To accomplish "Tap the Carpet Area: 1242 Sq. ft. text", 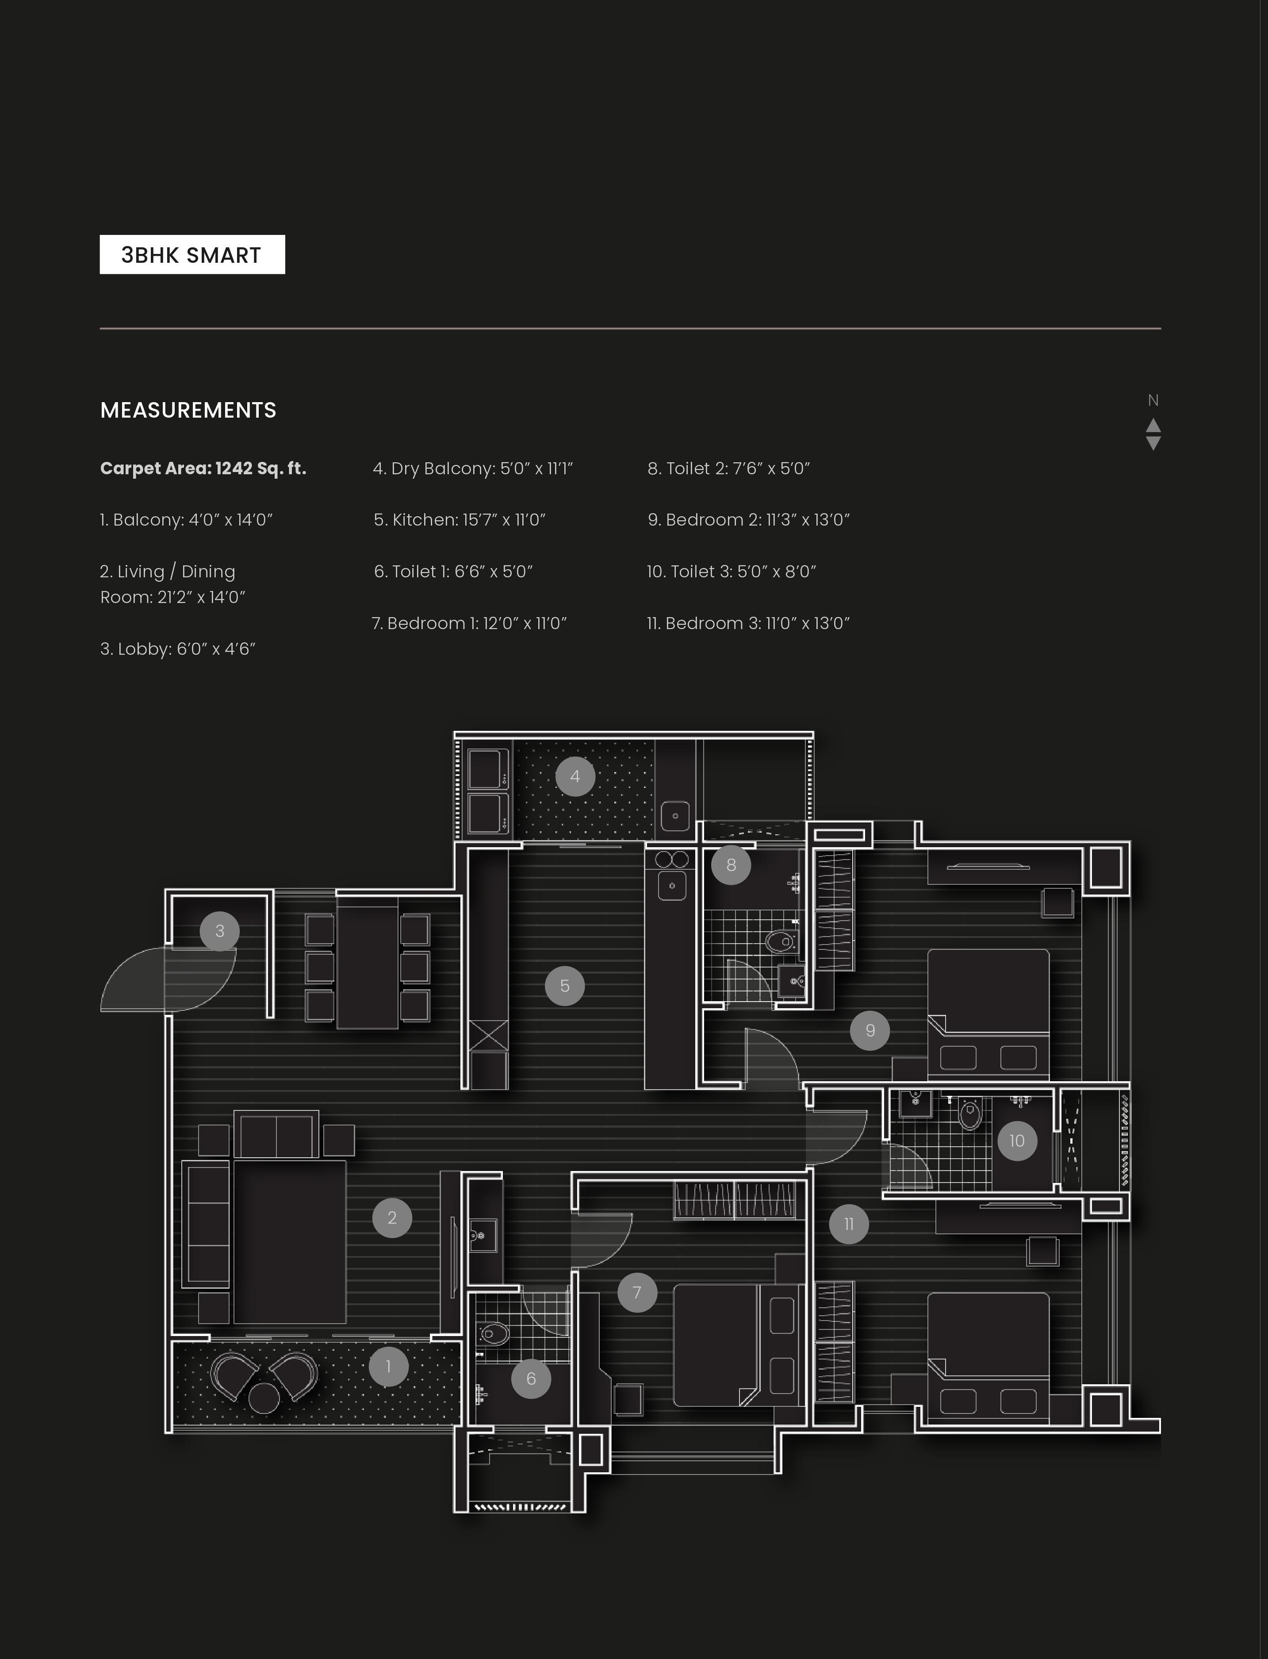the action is (203, 468).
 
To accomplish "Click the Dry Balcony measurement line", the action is (472, 468).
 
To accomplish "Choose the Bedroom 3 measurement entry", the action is (748, 623).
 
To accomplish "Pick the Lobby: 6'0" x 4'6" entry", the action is (178, 649).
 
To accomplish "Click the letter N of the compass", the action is (1153, 400).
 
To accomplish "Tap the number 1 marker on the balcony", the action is (389, 1366).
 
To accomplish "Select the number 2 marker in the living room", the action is (392, 1217).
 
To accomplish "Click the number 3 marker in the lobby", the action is (220, 931).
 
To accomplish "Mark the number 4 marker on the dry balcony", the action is (575, 776).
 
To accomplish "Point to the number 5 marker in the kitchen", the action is (564, 986).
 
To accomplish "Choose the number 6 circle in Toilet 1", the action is (531, 1378).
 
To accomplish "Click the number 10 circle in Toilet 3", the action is (1017, 1141).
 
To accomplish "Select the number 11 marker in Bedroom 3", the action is (848, 1224).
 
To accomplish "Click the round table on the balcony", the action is (264, 1398).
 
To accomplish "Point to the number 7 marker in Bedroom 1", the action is (637, 1292).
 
